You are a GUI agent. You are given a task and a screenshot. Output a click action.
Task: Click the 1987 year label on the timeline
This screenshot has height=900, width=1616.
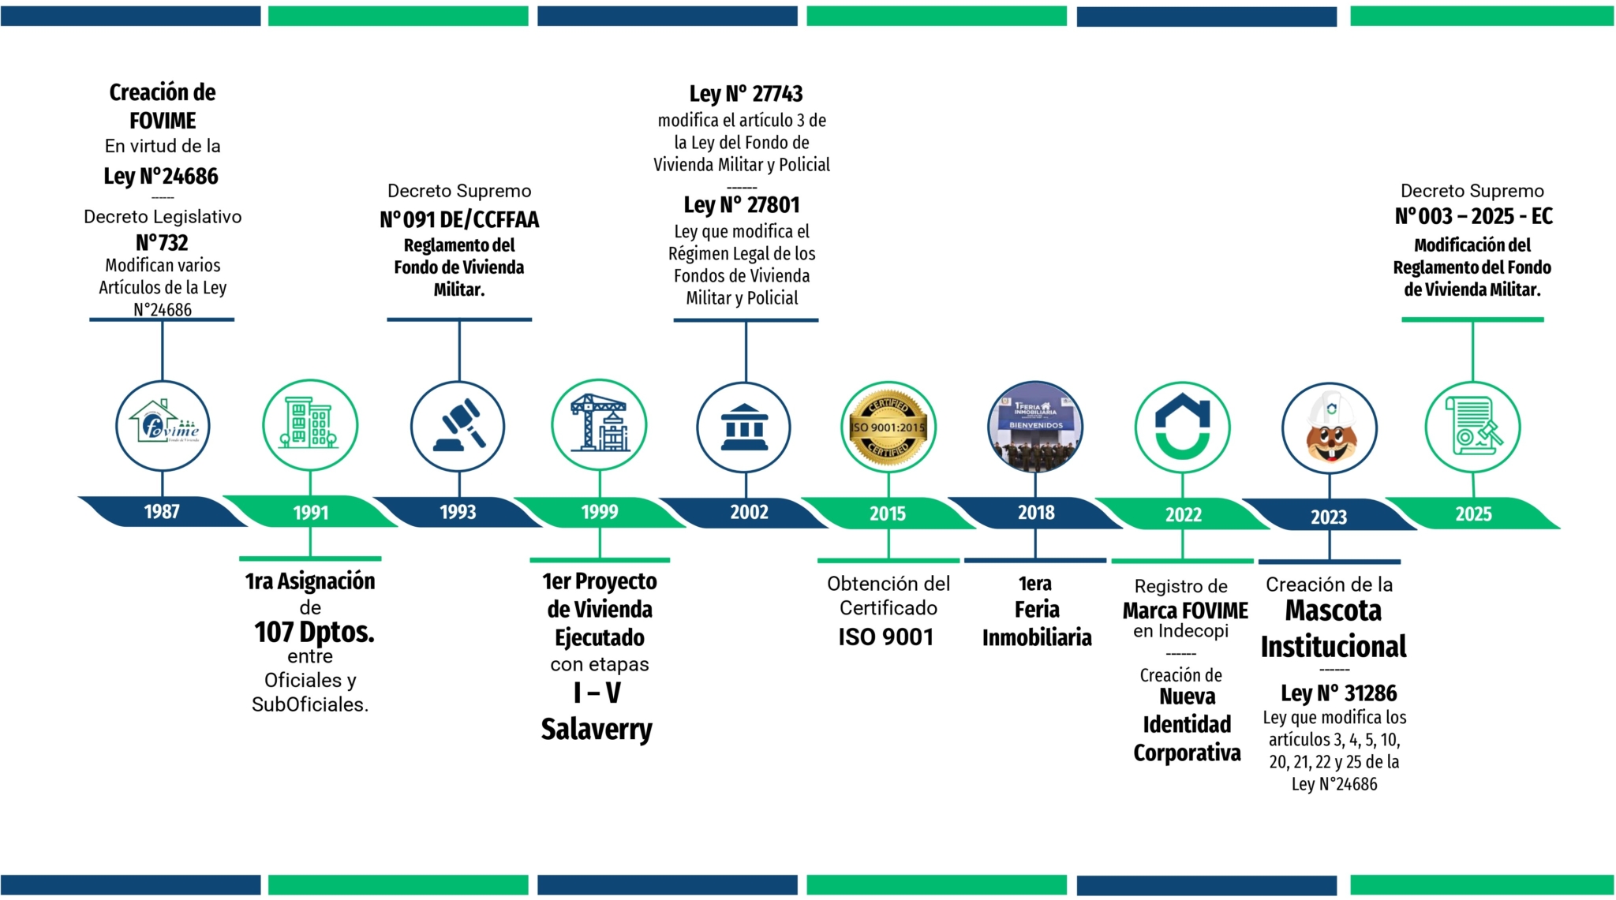click(x=162, y=511)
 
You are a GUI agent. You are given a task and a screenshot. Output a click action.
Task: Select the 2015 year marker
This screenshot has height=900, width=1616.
click(x=888, y=513)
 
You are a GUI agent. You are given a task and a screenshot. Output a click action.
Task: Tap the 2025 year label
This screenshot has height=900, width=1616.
click(x=1473, y=514)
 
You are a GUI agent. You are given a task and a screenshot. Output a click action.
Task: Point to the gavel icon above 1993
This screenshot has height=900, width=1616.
click(x=458, y=427)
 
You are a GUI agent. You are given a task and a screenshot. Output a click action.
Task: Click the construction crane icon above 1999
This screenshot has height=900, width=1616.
click(x=599, y=426)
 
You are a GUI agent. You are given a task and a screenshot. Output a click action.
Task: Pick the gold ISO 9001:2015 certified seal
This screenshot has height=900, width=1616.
click(x=888, y=428)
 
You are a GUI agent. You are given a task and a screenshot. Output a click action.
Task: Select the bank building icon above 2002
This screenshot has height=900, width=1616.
click(x=743, y=428)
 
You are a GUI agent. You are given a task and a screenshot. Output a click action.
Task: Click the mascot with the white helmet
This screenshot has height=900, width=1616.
click(x=1330, y=428)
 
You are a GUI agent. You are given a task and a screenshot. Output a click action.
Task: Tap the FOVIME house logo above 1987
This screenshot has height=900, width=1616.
click(x=163, y=425)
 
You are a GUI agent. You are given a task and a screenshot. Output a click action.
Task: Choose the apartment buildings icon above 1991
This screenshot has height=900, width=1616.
click(x=310, y=425)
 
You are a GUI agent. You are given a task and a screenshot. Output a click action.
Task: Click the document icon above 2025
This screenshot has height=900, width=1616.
click(x=1472, y=428)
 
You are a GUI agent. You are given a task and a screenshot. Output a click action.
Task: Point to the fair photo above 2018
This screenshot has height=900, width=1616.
click(x=1035, y=427)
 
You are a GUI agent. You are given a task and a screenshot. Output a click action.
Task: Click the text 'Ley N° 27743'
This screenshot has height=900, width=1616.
click(x=746, y=94)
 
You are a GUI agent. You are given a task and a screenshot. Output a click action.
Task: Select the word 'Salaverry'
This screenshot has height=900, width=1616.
click(x=597, y=729)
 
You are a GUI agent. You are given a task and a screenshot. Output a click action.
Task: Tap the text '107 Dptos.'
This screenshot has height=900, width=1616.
click(x=314, y=632)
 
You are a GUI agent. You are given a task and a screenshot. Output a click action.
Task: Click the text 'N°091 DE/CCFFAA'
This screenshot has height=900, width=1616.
click(x=459, y=219)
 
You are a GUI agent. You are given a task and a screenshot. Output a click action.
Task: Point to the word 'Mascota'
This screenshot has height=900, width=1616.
click(x=1334, y=611)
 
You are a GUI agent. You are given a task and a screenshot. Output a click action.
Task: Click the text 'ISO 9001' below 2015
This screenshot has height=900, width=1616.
click(x=886, y=637)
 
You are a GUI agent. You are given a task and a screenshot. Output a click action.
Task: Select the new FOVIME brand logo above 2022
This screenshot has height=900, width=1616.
click(x=1182, y=428)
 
